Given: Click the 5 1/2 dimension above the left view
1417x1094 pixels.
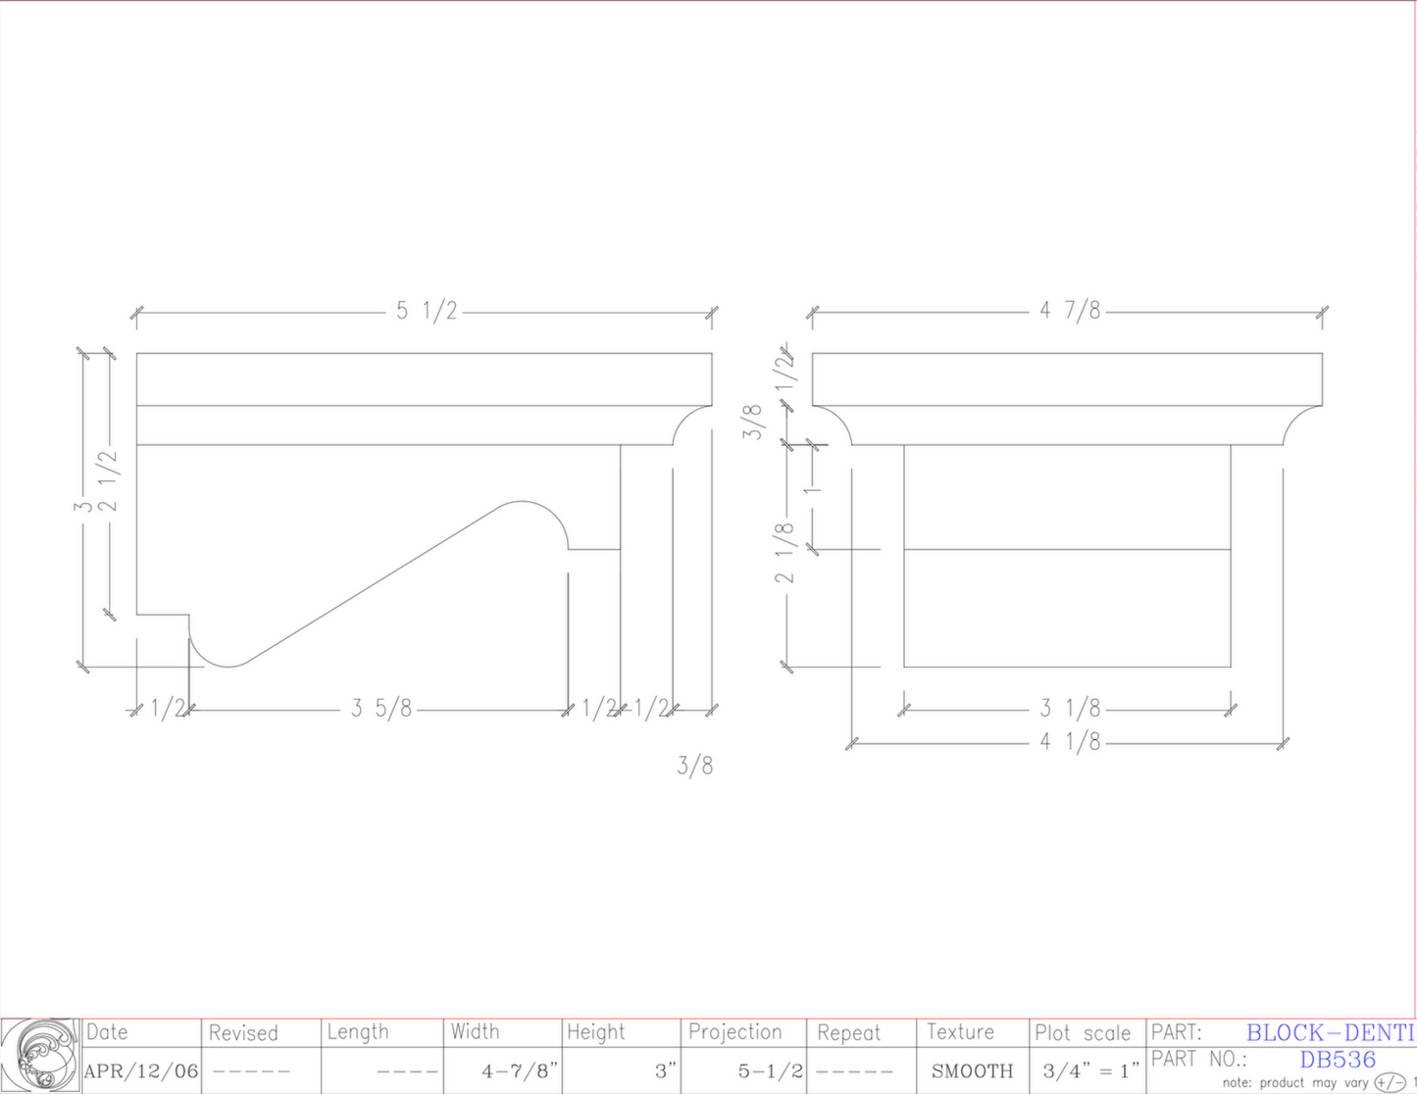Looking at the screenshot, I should coord(427,312).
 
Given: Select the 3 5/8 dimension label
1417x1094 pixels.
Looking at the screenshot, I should coord(381,709).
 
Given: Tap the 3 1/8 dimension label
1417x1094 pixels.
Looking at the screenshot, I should coord(1070,708).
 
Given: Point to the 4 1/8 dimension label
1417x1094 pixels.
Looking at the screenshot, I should coord(1070,742).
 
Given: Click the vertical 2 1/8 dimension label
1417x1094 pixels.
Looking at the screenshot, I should coord(785,554).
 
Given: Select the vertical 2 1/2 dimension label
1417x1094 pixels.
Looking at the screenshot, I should coord(108,480).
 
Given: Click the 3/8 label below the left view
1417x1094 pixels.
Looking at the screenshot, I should coord(694,766).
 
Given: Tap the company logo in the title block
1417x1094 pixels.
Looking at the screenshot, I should coord(40,1056).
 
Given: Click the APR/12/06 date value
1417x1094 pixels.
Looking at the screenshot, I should coord(141,1071).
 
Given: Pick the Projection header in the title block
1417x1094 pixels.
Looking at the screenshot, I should coord(735,1032).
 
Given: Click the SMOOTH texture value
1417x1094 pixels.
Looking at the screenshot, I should coord(972,1071).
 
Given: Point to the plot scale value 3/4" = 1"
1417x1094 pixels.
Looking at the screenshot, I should coord(1090,1071).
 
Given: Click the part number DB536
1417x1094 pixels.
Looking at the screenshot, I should coord(1338,1060).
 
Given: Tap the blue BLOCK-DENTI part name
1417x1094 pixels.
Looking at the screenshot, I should coord(1330,1032).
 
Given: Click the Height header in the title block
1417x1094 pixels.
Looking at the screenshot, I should coord(596,1032).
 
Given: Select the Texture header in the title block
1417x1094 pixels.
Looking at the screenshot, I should coord(960,1032).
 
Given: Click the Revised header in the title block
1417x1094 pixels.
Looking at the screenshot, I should coord(243,1033).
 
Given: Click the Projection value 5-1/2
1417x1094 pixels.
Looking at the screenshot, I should coord(770,1071).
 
